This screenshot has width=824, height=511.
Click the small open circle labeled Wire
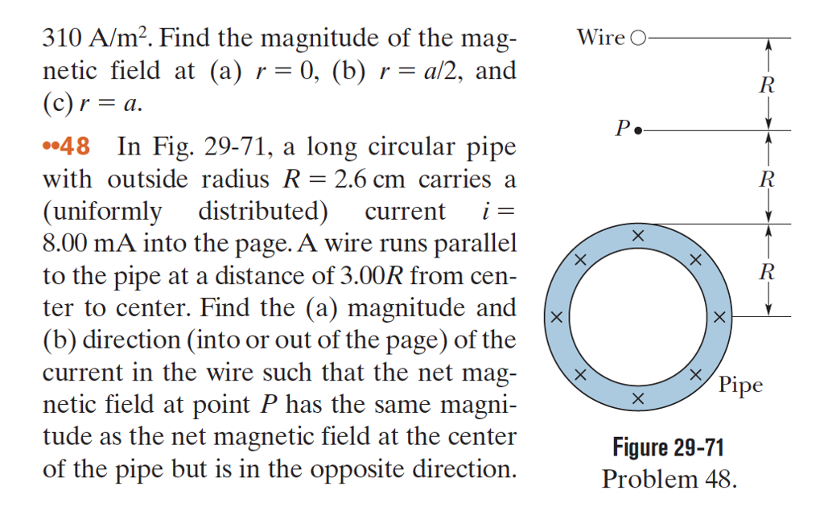639,38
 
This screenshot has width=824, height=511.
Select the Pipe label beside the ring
740,385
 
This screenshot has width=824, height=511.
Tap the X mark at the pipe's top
637,235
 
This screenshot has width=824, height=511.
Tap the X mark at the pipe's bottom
637,399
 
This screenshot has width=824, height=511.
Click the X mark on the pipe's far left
554,318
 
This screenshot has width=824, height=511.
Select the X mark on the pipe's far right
719,318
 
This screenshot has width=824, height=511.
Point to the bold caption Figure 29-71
669,447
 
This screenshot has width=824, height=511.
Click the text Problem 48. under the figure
669,479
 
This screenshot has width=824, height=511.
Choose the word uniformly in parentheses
105,211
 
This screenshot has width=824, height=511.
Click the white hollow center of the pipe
637,317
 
